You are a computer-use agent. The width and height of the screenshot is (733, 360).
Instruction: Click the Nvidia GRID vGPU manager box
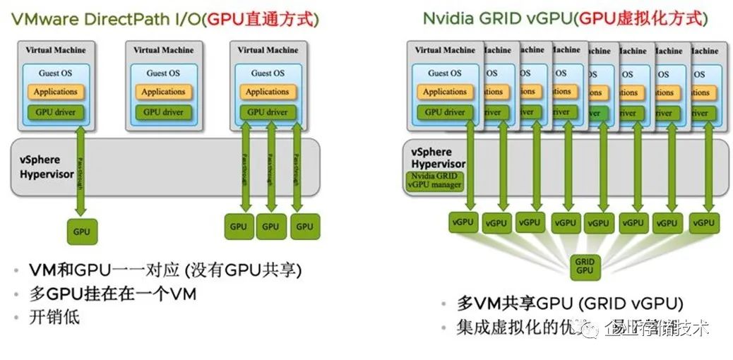point(435,180)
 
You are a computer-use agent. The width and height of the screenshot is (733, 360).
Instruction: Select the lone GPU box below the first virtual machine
point(83,230)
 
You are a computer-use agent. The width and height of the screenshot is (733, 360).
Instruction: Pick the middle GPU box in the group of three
point(270,227)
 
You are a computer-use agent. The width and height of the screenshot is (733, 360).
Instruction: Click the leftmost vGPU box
point(463,222)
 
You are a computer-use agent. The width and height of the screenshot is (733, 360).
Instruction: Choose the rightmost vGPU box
point(703,222)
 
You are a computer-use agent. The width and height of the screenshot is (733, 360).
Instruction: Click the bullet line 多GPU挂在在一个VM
point(112,294)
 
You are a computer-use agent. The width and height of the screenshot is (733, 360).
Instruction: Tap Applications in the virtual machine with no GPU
point(163,92)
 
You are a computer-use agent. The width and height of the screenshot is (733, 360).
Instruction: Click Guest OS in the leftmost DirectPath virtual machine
point(56,73)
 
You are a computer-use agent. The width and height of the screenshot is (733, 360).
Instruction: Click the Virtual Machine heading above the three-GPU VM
point(267,51)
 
